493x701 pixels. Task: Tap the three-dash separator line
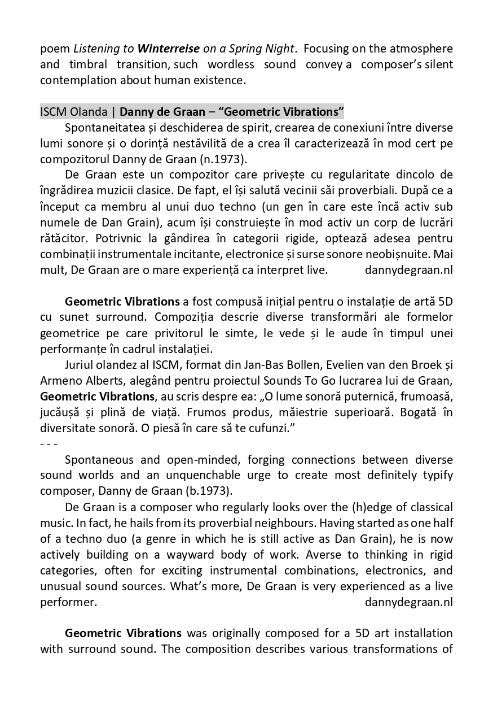pyautogui.click(x=49, y=443)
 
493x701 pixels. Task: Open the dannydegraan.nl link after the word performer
pyautogui.click(x=409, y=602)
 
